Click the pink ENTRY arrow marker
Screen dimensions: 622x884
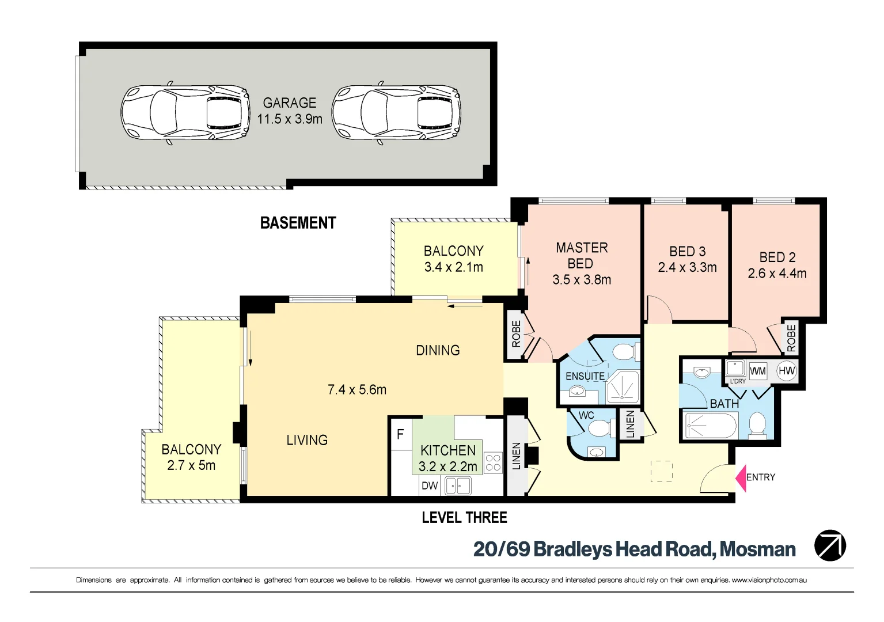coord(741,478)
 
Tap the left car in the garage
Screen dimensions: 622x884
coord(185,112)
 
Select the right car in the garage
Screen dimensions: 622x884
coord(396,112)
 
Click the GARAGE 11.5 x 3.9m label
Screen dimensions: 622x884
coord(290,111)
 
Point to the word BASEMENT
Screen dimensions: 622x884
coord(298,223)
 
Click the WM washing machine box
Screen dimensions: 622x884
coord(757,371)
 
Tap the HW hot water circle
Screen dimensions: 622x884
coord(787,371)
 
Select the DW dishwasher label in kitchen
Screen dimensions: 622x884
coord(430,486)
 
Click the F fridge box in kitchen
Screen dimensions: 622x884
coord(401,434)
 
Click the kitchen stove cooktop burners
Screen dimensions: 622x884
coord(493,463)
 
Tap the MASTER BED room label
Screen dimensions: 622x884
coord(582,256)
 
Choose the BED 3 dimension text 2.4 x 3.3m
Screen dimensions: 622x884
coord(687,268)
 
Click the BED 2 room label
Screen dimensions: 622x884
coord(777,257)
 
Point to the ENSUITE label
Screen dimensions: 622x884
coord(585,376)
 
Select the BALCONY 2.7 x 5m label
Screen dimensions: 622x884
coord(191,457)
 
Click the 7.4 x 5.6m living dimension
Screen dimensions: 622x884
coord(357,390)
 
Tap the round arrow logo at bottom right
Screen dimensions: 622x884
coord(830,545)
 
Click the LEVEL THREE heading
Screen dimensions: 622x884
coord(464,518)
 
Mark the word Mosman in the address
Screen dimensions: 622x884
coord(758,549)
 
